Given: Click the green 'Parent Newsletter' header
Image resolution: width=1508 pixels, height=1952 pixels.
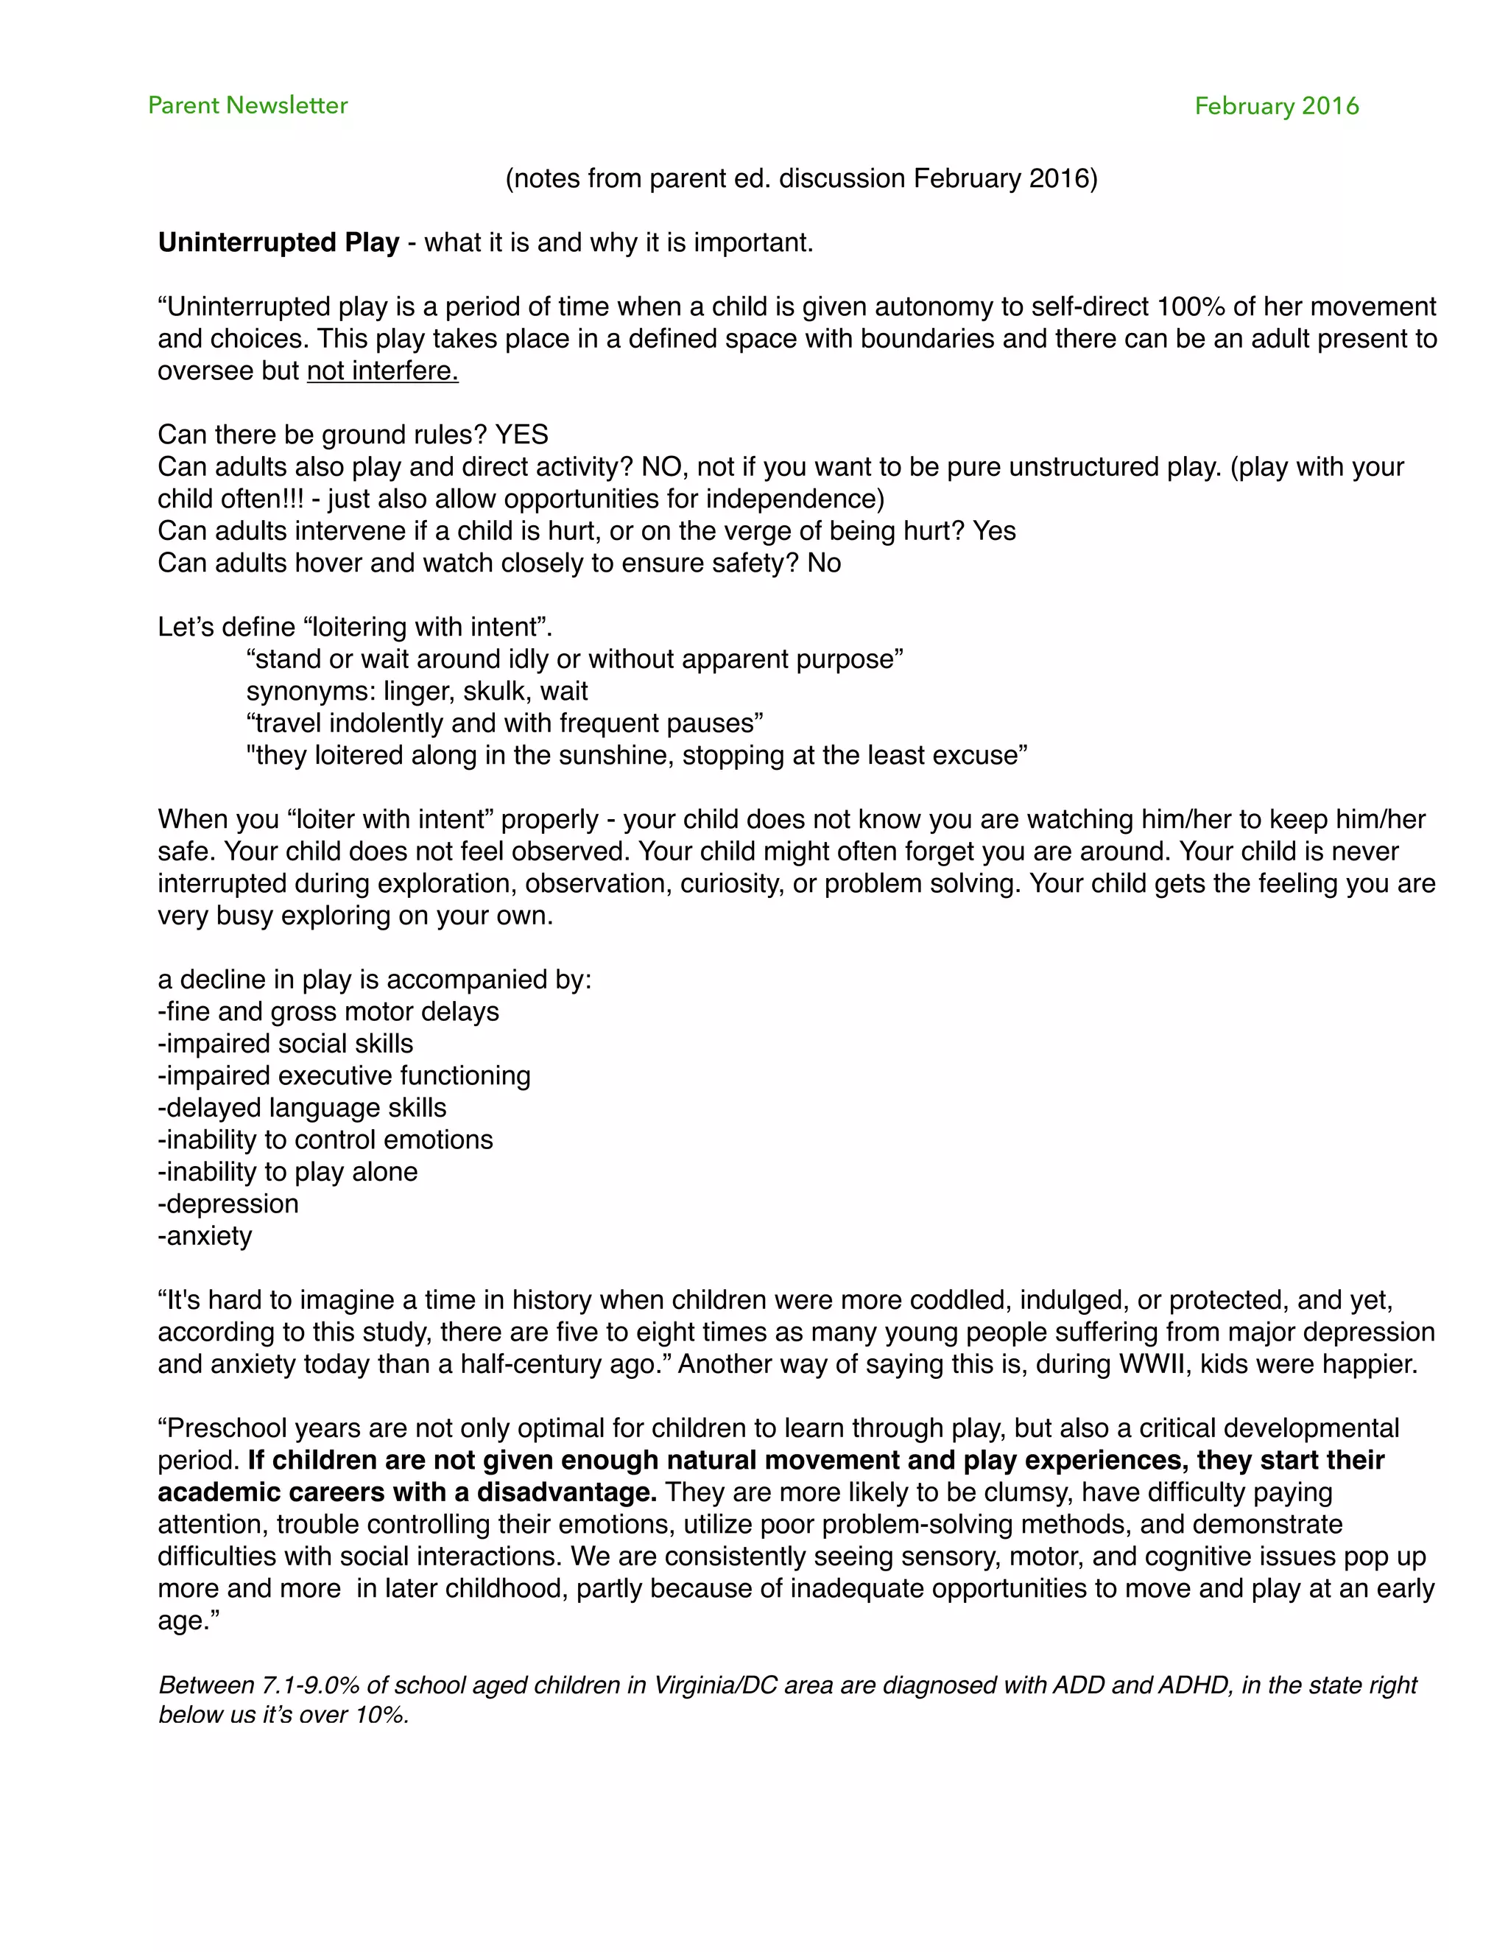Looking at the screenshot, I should (x=247, y=105).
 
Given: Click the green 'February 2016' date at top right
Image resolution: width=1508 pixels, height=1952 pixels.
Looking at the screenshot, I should (x=1276, y=106).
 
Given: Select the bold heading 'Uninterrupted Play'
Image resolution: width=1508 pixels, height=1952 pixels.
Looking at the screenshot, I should (x=278, y=243).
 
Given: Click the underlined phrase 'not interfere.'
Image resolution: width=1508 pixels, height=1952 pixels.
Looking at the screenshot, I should (x=382, y=371).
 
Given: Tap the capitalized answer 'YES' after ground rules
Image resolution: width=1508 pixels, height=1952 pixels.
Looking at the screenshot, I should (x=522, y=435).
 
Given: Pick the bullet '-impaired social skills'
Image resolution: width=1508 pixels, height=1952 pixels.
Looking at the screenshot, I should (x=285, y=1044).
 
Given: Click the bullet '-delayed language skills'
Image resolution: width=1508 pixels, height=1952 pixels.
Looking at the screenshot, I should (x=302, y=1109).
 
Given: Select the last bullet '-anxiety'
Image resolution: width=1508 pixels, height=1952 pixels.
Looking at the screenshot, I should (x=205, y=1236).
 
